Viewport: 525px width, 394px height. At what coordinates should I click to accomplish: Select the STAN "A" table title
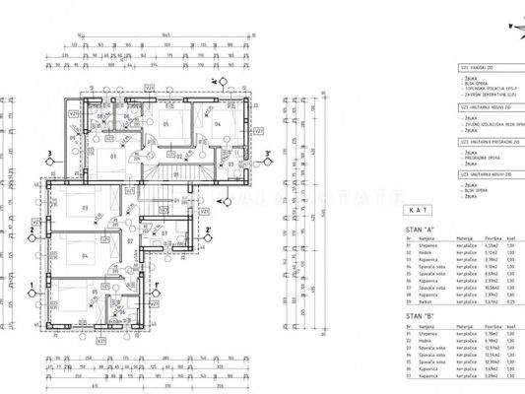click(420, 228)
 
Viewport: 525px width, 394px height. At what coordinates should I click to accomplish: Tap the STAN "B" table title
click(420, 316)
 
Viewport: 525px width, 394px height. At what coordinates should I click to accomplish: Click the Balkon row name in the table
click(427, 300)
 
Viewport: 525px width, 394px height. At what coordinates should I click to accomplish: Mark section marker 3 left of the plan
click(47, 154)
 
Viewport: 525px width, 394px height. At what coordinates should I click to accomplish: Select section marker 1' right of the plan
click(159, 287)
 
